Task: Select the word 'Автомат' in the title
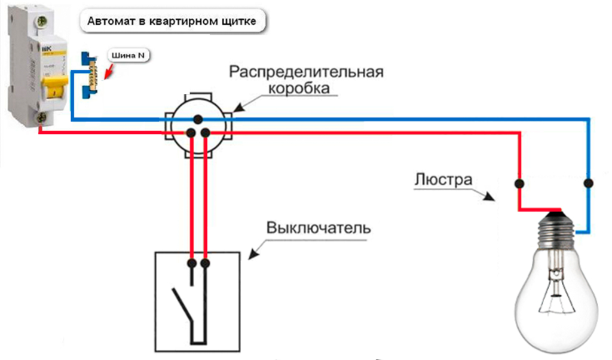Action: pos(109,22)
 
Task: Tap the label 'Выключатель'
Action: pos(319,228)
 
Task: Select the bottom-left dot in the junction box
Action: pos(191,132)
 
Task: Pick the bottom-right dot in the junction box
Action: pos(205,132)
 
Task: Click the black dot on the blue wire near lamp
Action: pos(589,182)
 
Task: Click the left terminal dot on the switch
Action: pos(192,263)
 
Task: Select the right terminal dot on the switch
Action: pos(206,263)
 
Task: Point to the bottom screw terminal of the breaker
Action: pos(40,118)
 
